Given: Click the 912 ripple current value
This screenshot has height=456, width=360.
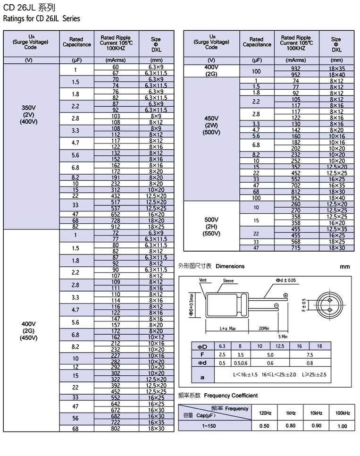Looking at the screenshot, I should (116, 227).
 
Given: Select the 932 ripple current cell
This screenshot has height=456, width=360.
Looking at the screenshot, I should (296, 68).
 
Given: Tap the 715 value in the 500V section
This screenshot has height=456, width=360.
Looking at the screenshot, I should (296, 248).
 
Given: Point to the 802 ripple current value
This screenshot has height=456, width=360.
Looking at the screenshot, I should (116, 428).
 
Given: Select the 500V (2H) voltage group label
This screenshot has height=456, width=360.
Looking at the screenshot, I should (211, 227).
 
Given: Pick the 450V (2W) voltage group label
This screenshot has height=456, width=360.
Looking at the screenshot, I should (211, 125).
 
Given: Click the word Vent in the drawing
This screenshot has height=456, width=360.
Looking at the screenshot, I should (203, 280).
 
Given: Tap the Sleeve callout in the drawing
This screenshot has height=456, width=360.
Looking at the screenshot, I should (228, 281).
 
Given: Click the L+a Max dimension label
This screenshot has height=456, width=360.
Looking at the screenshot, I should (227, 329).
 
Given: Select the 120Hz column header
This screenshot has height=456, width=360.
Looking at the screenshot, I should (265, 413).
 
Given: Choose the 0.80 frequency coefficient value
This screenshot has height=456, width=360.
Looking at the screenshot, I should (291, 426).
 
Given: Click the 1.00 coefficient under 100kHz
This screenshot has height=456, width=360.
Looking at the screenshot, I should (343, 426).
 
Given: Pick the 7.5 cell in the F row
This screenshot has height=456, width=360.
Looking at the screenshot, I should (310, 354).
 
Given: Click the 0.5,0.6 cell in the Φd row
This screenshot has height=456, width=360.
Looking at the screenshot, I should (240, 363).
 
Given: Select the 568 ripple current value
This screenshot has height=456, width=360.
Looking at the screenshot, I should (296, 242).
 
